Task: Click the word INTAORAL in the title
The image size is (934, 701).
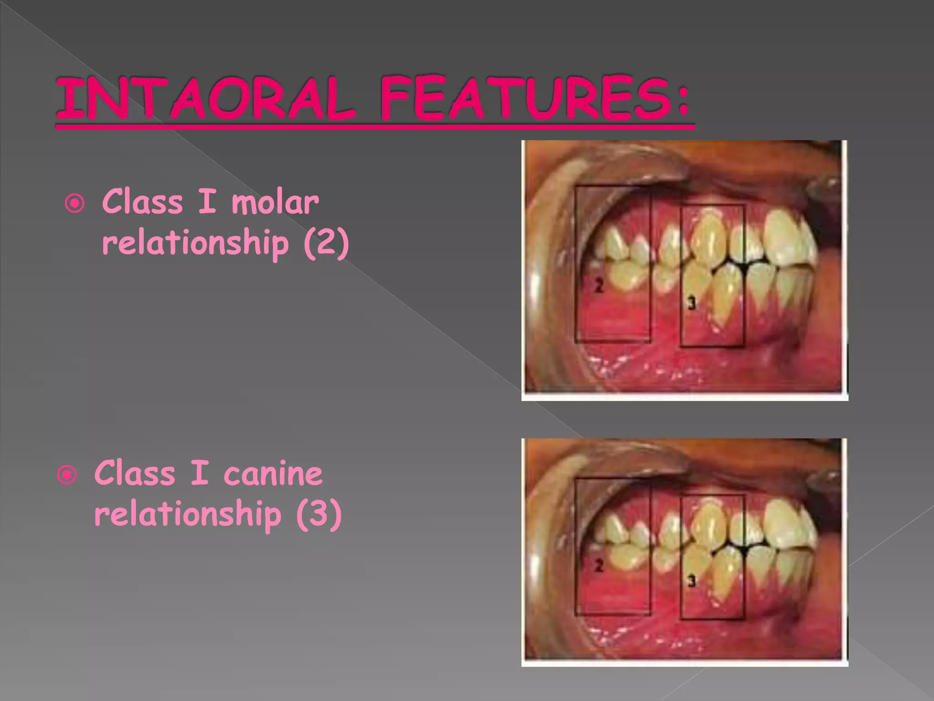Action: [205, 99]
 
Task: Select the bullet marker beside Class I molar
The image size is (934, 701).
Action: [74, 204]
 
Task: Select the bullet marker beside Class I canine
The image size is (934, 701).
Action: [67, 476]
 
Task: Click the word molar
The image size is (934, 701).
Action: [275, 202]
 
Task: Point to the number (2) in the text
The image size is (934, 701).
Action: [326, 242]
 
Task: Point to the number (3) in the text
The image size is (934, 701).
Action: [319, 514]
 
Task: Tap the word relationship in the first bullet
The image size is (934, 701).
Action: [195, 243]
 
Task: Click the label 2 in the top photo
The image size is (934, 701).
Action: [599, 286]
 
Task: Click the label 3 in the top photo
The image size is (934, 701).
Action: [691, 303]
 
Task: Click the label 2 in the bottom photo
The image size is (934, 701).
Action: [599, 566]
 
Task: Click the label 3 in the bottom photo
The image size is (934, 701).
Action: [691, 581]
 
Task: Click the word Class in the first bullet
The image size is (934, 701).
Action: [142, 202]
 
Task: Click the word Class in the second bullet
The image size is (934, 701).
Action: [135, 473]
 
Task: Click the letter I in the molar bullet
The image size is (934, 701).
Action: [207, 202]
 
